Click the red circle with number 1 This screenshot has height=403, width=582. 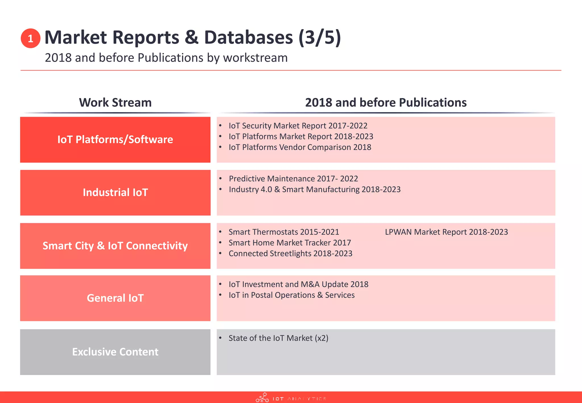click(30, 38)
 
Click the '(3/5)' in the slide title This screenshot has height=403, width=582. click(319, 38)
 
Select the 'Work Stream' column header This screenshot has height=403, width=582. click(115, 103)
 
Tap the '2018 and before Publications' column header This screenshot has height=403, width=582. click(386, 103)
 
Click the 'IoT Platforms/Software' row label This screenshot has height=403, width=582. click(115, 140)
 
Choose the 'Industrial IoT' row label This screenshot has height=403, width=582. click(115, 192)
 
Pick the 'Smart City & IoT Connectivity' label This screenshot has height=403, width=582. click(115, 246)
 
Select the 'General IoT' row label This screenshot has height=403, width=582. click(115, 298)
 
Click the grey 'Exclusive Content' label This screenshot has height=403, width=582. click(115, 352)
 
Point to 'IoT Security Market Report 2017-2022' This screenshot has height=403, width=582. click(298, 126)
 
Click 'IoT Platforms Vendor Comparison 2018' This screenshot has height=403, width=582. click(300, 147)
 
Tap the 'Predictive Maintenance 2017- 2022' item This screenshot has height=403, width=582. click(293, 178)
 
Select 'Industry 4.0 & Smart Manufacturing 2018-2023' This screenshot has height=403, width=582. click(315, 189)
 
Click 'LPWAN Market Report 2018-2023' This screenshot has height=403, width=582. click(446, 232)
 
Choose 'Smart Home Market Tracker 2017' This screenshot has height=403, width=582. click(290, 243)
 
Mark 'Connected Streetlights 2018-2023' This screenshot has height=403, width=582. click(290, 254)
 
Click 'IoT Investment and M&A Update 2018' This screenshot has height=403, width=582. click(298, 284)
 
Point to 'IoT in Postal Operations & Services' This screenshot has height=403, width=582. click(292, 295)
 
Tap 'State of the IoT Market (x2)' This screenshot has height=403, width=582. click(278, 338)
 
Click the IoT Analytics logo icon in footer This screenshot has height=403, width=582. click(262, 398)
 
